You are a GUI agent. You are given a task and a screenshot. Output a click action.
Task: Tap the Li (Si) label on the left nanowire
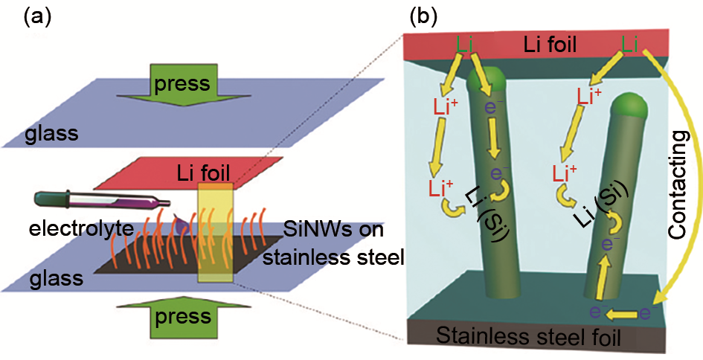(x=486, y=216)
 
